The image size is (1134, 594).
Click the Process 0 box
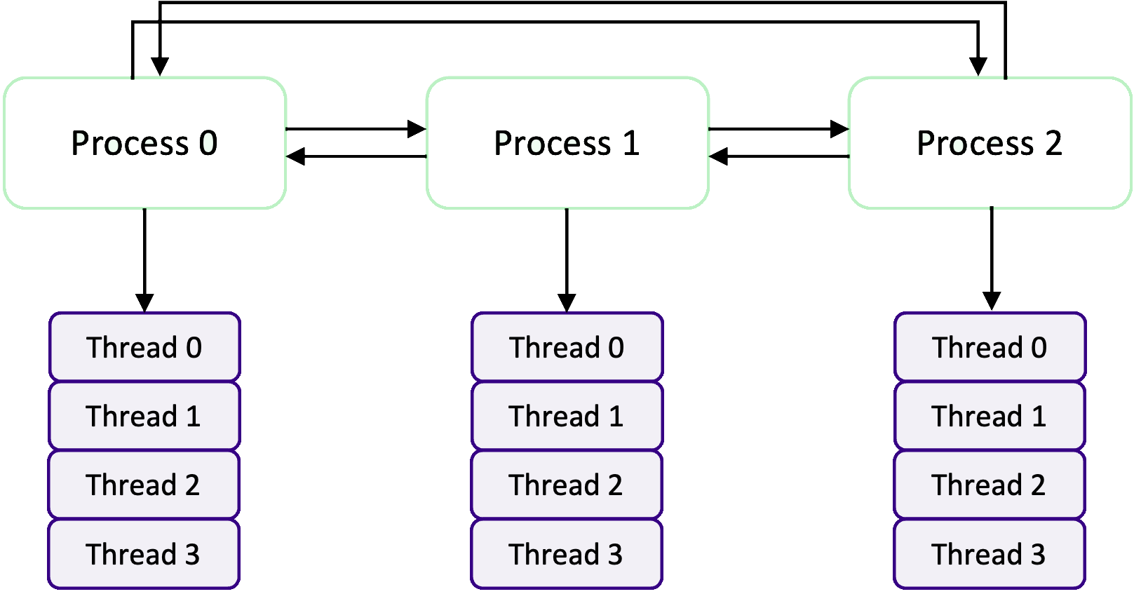144,143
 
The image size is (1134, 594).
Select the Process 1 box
567,143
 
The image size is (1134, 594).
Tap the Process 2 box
989,143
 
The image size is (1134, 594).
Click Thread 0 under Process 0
144,348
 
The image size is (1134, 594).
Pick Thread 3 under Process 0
144,554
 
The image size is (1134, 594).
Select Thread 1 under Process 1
567,417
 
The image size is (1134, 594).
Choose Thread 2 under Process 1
567,485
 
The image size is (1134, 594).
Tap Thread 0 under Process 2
990,348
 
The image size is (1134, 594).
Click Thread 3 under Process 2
989,554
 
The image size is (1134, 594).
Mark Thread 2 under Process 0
144,485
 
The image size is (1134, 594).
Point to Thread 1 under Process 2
990,417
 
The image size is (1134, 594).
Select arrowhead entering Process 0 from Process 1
295,156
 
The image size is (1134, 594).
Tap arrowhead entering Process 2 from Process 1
840,129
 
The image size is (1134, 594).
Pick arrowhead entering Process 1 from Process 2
718,156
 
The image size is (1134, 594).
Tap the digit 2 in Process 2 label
1053,143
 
